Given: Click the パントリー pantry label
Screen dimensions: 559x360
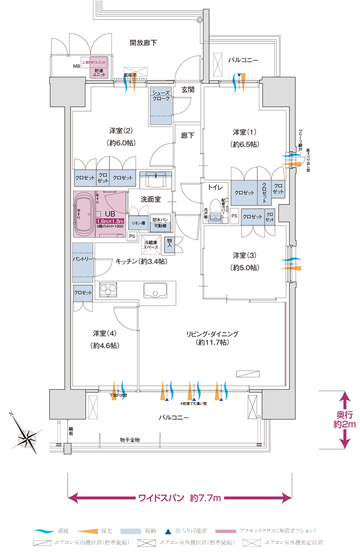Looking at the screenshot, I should click(x=82, y=260).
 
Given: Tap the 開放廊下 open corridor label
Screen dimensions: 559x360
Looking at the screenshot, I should click(x=143, y=42).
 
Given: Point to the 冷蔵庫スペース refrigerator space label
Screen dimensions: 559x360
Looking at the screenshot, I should click(x=151, y=244).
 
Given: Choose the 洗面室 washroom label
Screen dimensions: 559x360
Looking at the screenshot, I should click(x=151, y=198).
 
